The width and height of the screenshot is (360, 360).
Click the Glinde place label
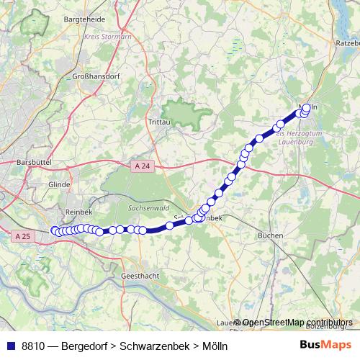pyautogui.click(x=59, y=184)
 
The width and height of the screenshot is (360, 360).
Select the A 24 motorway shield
pyautogui.click(x=142, y=166)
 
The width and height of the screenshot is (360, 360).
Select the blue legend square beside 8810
pyautogui.click(x=9, y=346)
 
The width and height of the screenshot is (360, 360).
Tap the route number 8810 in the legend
pyautogui.click(x=35, y=346)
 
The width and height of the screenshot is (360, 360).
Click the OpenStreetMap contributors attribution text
pyautogui.click(x=297, y=323)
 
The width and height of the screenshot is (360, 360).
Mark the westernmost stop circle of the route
pyautogui.click(x=55, y=230)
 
